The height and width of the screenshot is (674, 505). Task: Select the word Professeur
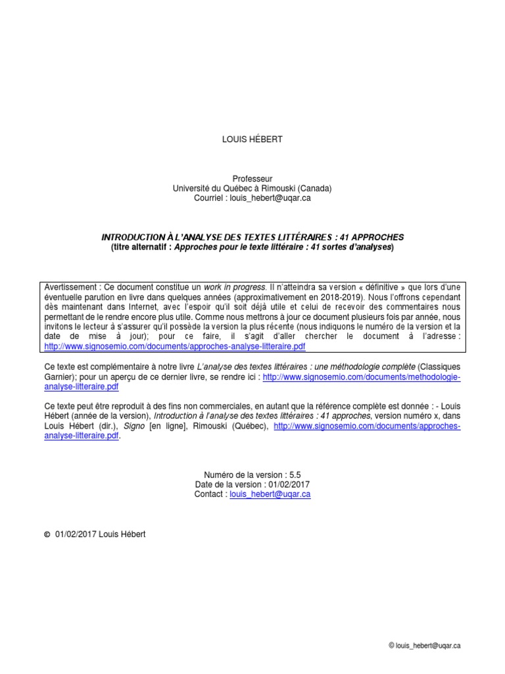pyautogui.click(x=252, y=179)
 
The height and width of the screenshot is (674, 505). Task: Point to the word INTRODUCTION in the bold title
pyautogui.click(x=131, y=237)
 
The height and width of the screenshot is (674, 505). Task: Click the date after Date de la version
pyautogui.click(x=289, y=484)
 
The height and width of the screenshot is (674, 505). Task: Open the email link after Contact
pyautogui.click(x=270, y=494)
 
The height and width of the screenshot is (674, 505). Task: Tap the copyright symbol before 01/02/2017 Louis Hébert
pyautogui.click(x=46, y=534)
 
